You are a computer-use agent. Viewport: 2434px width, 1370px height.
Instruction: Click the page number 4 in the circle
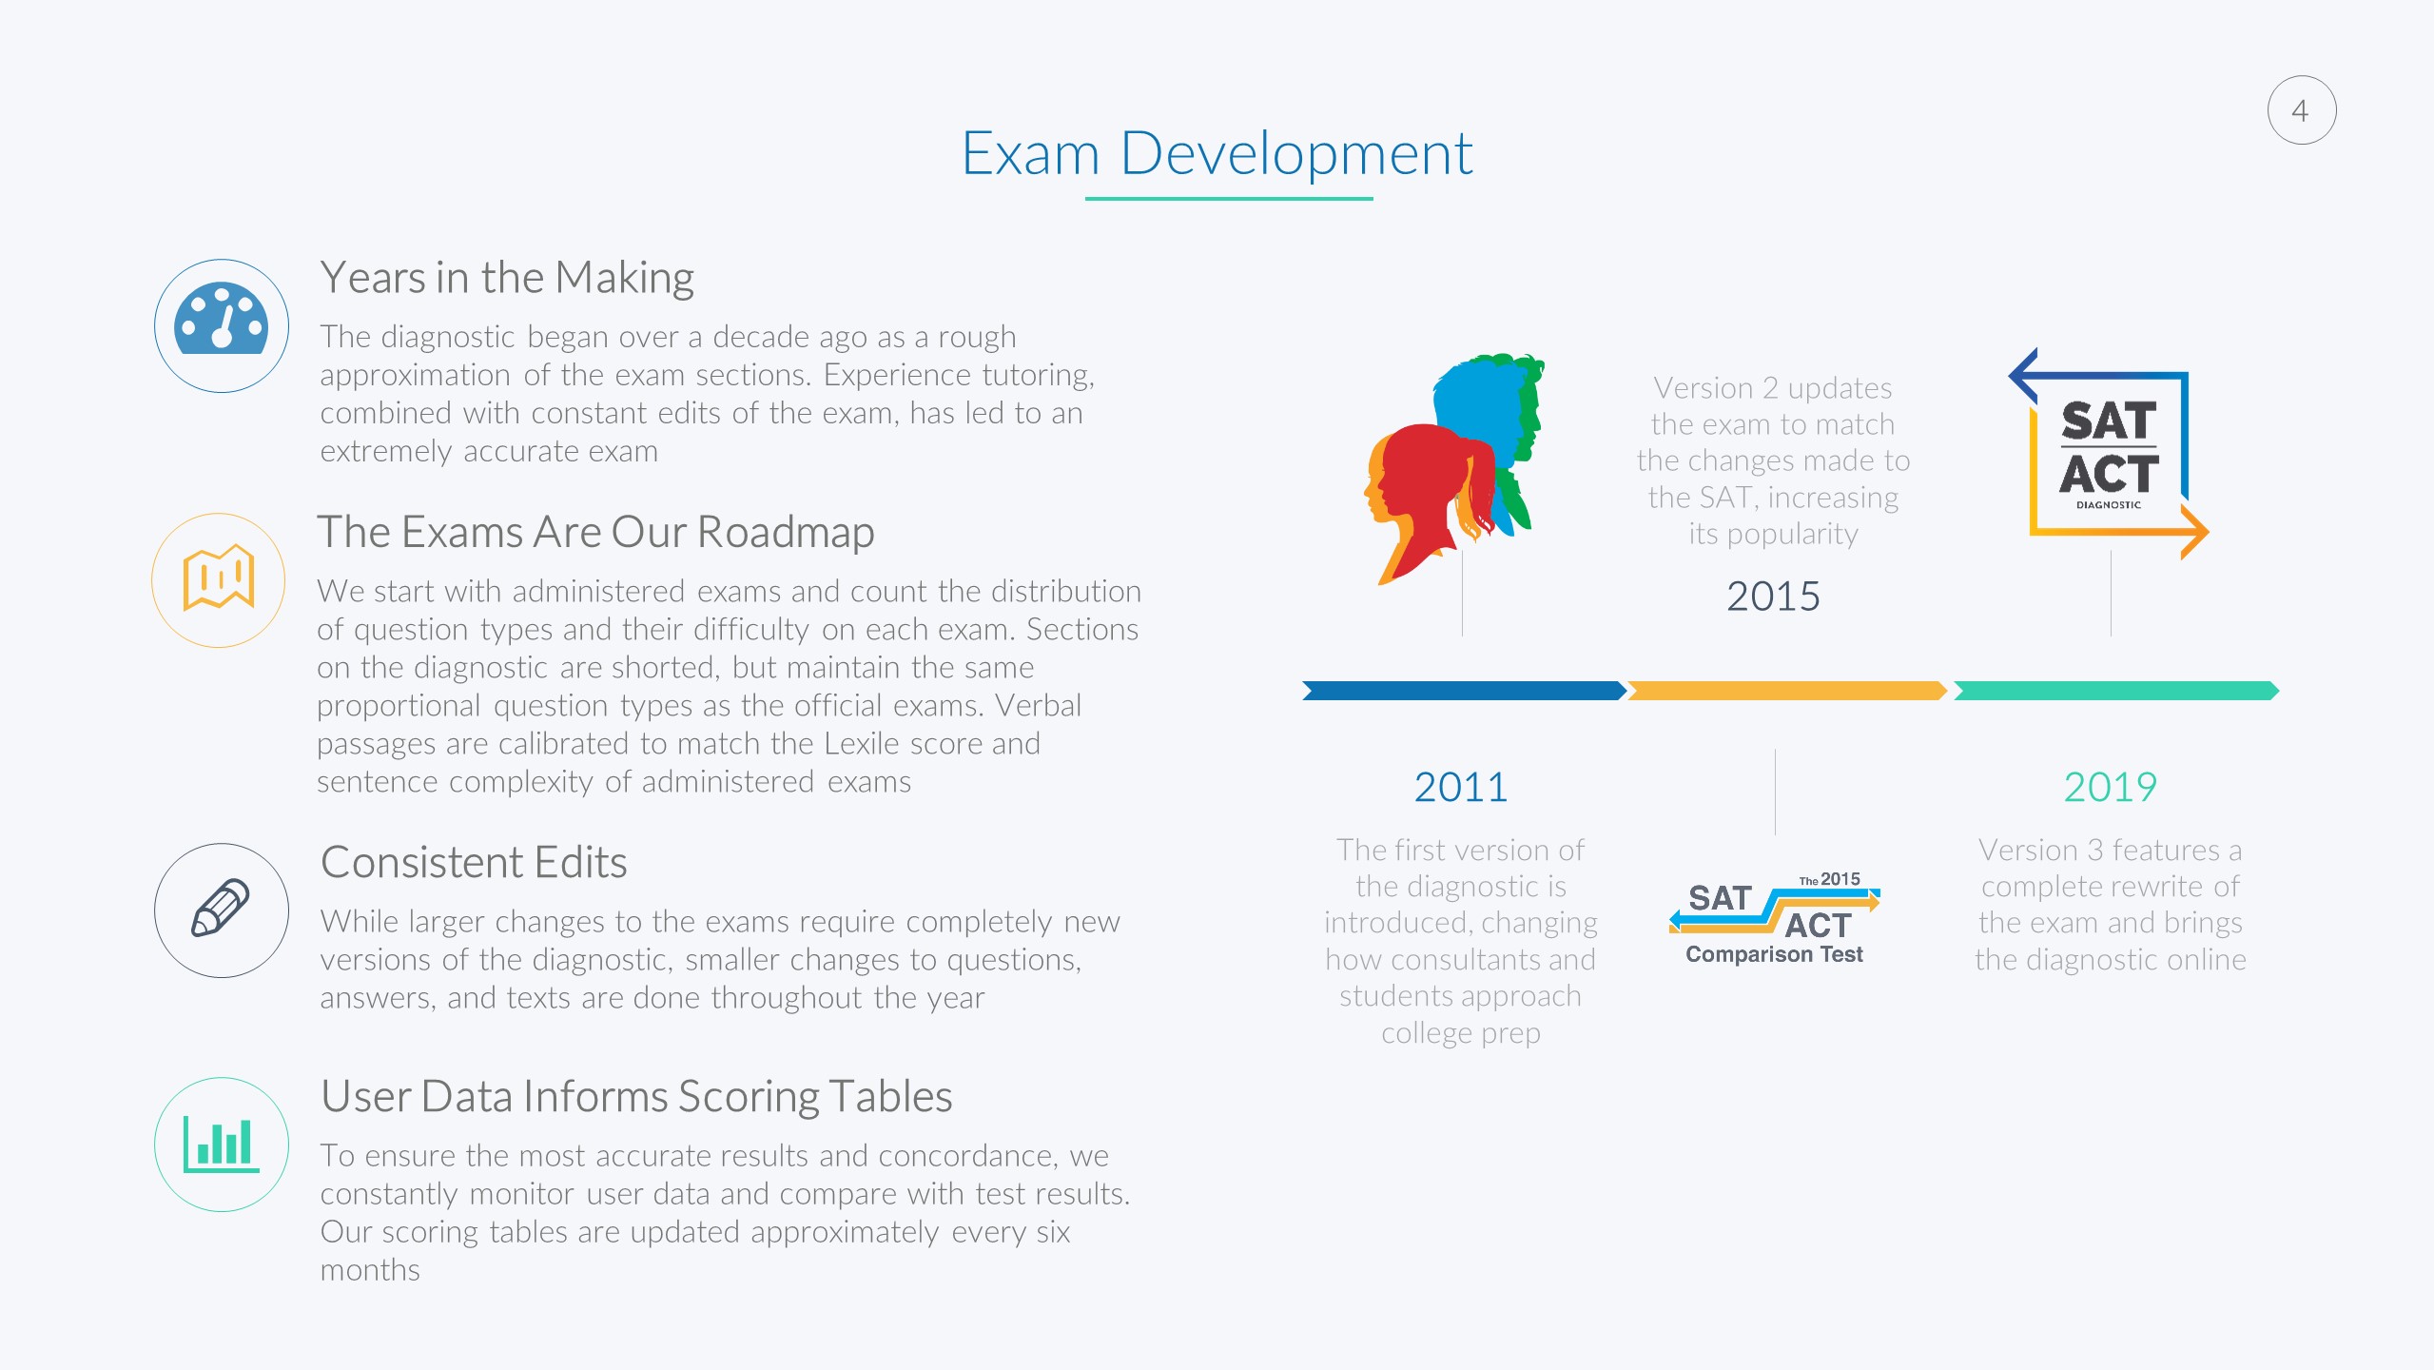pos(2300,111)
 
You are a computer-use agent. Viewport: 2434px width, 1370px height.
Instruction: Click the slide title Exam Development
pos(1217,154)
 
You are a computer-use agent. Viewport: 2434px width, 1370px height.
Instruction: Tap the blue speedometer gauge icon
pos(221,319)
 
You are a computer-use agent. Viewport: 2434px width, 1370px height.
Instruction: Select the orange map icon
pos(219,577)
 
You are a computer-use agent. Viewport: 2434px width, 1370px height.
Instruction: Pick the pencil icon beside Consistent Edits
pos(221,908)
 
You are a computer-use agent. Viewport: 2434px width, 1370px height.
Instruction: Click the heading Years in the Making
pos(507,278)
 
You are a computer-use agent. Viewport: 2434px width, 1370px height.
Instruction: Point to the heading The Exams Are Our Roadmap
pos(595,532)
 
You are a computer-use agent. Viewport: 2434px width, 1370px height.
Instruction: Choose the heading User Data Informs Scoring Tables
pos(636,1096)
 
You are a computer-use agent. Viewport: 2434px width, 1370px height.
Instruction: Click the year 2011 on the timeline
pos(1461,787)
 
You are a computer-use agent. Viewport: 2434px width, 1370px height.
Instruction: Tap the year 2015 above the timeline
pos(1773,597)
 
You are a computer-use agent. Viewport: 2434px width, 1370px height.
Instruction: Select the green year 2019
pos(2110,787)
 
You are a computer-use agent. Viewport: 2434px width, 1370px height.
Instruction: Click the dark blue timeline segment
pos(1464,691)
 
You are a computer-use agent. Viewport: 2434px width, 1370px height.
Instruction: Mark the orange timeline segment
pos(1787,691)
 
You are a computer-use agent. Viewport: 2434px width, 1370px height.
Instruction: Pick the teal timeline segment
pos(2116,691)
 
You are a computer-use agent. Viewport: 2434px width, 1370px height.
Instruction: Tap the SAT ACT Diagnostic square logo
pos(2109,455)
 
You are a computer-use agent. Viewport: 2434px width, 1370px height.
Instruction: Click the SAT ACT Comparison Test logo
pos(1774,919)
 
